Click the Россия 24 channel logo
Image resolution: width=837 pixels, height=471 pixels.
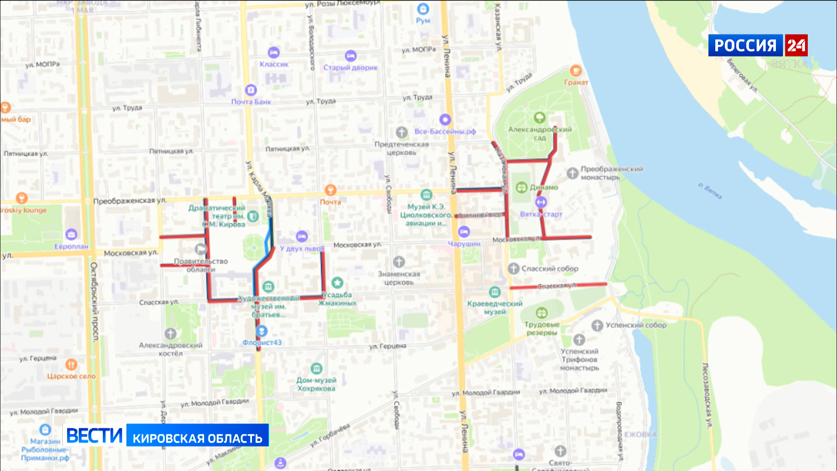(x=758, y=45)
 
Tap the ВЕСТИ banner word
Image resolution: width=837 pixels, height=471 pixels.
(x=94, y=435)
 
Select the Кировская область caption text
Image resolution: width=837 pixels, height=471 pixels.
(x=197, y=438)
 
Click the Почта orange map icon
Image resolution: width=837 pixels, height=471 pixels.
(x=330, y=190)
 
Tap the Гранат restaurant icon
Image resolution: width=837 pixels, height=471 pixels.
(x=575, y=71)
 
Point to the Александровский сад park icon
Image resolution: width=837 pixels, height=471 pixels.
(x=540, y=117)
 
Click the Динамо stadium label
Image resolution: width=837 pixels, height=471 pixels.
(x=544, y=188)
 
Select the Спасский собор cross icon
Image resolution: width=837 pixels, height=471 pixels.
(x=514, y=269)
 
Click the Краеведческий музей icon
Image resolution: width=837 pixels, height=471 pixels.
(x=494, y=292)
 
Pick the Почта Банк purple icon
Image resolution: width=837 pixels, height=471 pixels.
(x=251, y=90)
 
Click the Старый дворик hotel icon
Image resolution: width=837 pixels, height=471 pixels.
(x=350, y=56)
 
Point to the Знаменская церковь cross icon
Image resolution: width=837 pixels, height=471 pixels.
(x=399, y=262)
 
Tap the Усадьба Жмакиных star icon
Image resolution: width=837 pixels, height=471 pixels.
(x=337, y=283)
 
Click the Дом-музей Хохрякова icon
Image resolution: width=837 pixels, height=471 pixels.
(x=316, y=369)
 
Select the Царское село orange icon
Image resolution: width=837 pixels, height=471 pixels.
(x=71, y=364)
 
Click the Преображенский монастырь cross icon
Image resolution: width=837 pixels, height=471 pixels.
(x=572, y=173)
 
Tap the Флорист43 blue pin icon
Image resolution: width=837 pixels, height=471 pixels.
(x=262, y=331)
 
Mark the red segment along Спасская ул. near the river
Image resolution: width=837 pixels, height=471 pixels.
(x=558, y=286)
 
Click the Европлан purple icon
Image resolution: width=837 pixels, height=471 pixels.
(x=71, y=235)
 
